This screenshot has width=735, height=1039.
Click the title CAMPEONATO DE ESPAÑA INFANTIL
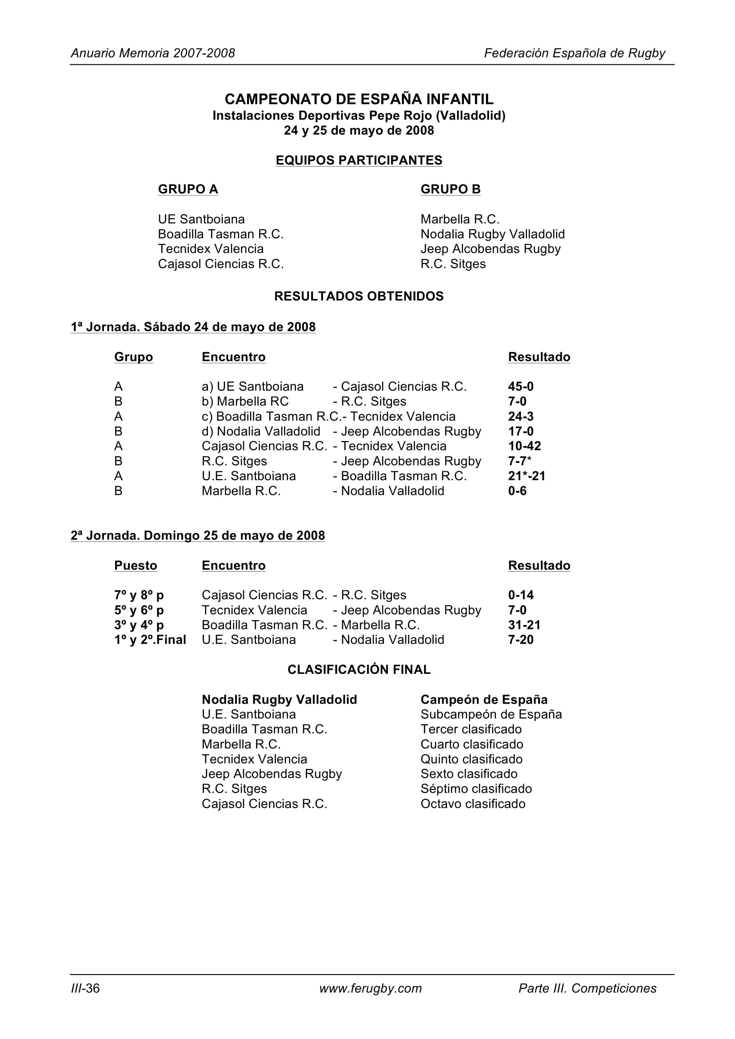pyautogui.click(x=359, y=99)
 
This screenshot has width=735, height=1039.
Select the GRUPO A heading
pyautogui.click(x=188, y=189)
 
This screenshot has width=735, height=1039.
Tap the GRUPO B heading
pyautogui.click(x=450, y=189)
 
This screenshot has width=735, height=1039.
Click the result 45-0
pyautogui.click(x=520, y=386)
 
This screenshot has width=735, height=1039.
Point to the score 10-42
pyautogui.click(x=524, y=446)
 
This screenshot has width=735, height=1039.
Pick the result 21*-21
pyautogui.click(x=526, y=476)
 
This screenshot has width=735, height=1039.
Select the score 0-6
pyautogui.click(x=517, y=491)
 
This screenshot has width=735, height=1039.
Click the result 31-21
pyautogui.click(x=524, y=625)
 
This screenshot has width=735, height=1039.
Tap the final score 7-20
pyautogui.click(x=520, y=640)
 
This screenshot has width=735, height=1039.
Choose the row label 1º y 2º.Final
pyautogui.click(x=150, y=640)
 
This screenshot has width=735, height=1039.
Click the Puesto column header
pyautogui.click(x=136, y=565)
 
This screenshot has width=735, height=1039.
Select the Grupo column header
pyautogui.click(x=133, y=357)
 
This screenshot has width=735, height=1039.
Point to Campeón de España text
pyautogui.click(x=484, y=700)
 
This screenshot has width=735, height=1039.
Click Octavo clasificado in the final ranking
pyautogui.click(x=472, y=804)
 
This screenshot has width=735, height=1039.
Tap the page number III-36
pyautogui.click(x=85, y=988)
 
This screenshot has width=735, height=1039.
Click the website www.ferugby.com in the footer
pyautogui.click(x=370, y=988)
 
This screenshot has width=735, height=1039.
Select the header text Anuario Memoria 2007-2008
pyautogui.click(x=152, y=53)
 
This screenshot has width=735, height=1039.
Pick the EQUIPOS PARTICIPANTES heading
pyautogui.click(x=359, y=160)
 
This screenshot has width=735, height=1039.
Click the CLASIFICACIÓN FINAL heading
pyautogui.click(x=359, y=670)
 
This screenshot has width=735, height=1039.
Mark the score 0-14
pyautogui.click(x=520, y=595)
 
